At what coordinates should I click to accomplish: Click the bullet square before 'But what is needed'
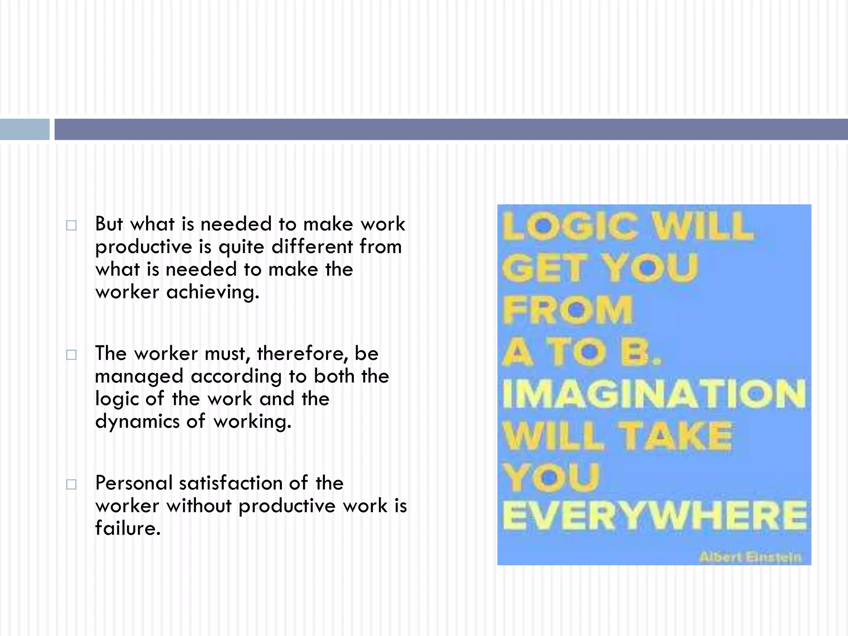point(71,225)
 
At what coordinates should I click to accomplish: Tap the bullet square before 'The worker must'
point(71,355)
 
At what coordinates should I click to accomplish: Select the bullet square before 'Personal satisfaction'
point(71,484)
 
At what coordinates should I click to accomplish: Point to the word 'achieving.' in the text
point(212,292)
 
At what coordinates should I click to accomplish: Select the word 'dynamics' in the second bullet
point(137,422)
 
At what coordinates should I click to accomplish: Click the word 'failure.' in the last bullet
point(128,528)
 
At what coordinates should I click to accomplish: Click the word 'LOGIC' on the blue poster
point(570,226)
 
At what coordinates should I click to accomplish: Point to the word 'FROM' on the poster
point(568,310)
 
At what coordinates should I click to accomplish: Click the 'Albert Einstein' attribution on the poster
point(750,557)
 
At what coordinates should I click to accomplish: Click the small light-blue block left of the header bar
point(24,129)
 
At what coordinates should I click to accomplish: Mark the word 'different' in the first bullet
point(312,247)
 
